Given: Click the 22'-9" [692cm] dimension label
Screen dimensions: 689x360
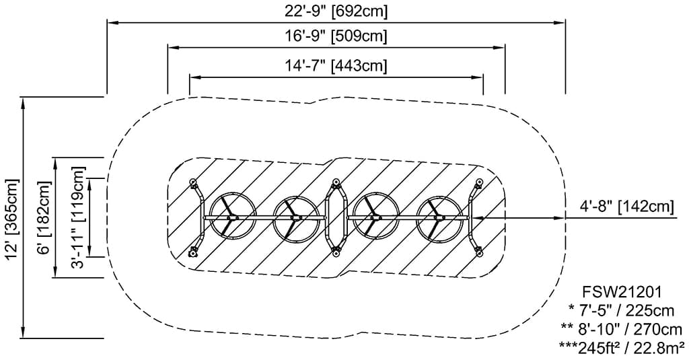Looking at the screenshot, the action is coord(336,11).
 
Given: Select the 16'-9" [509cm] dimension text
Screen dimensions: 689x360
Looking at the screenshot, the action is coord(336,36).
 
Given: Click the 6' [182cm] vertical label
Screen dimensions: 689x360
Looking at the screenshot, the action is coord(44,217).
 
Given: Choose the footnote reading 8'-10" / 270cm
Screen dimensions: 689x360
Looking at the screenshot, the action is coord(622,329).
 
